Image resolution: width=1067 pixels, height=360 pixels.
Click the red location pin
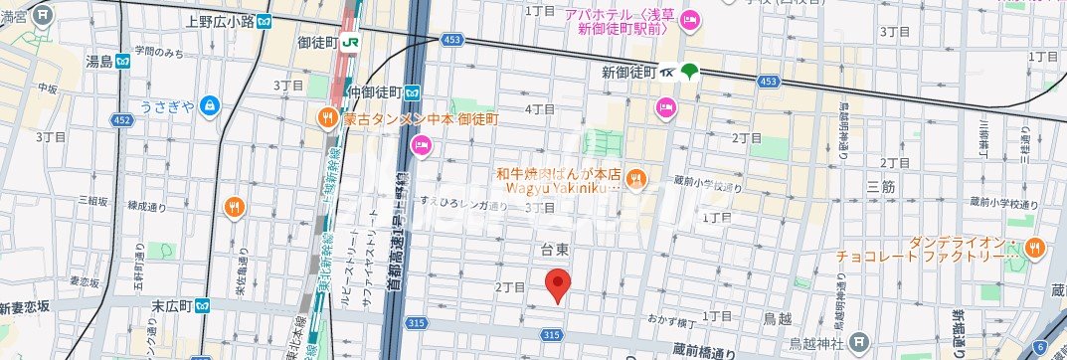pyautogui.click(x=559, y=285)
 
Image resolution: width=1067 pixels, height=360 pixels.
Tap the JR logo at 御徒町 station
pyautogui.click(x=350, y=42)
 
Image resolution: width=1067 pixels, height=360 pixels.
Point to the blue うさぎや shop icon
pyautogui.click(x=209, y=103)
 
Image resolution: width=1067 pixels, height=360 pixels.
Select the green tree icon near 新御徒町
pyautogui.click(x=689, y=72)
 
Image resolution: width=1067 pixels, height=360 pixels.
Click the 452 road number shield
pyautogui.click(x=121, y=119)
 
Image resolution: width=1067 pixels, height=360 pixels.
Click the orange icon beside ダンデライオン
pyautogui.click(x=1035, y=246)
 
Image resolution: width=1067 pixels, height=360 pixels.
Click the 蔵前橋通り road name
pyautogui.click(x=703, y=349)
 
